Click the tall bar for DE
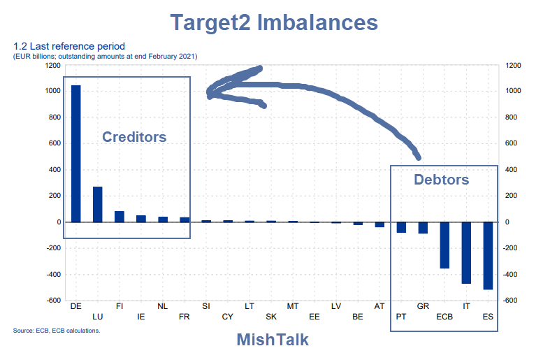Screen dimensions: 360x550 [x=75, y=154]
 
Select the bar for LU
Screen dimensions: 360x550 [x=98, y=204]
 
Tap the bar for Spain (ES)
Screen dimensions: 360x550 [x=488, y=255]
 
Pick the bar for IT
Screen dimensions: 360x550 [x=466, y=252]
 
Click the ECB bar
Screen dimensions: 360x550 [x=444, y=245]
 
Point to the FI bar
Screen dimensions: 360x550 [x=120, y=217]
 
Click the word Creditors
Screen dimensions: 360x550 [x=134, y=137]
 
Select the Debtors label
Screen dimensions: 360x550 [x=441, y=180]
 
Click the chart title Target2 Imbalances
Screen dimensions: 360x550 [x=275, y=22]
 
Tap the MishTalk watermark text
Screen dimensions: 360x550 [x=273, y=340]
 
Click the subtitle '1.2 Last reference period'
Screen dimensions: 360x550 [x=68, y=47]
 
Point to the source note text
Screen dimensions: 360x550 [x=57, y=331]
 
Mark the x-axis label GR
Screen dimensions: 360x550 [x=423, y=306]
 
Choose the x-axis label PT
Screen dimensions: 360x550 [x=400, y=316]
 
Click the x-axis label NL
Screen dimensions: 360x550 [x=162, y=306]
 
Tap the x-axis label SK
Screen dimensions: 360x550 [x=270, y=316]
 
